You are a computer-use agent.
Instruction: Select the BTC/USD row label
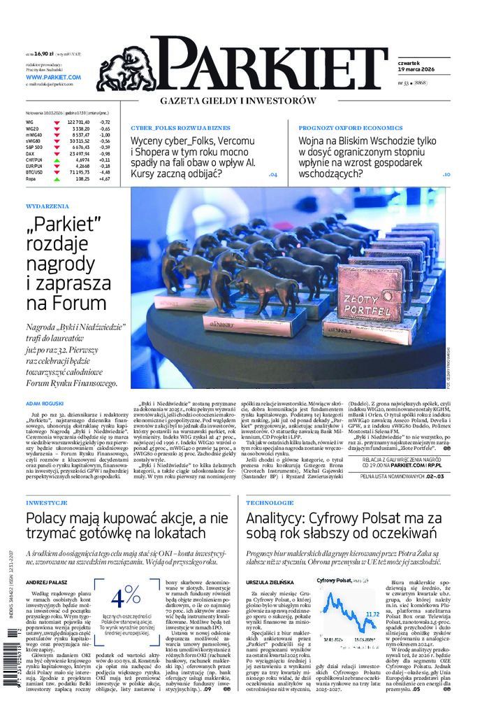pos(35,171)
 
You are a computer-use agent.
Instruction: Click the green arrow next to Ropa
pos(56,178)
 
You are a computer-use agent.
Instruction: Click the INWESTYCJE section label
pos(46,503)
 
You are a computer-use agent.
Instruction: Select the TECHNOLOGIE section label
pos(270,503)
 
